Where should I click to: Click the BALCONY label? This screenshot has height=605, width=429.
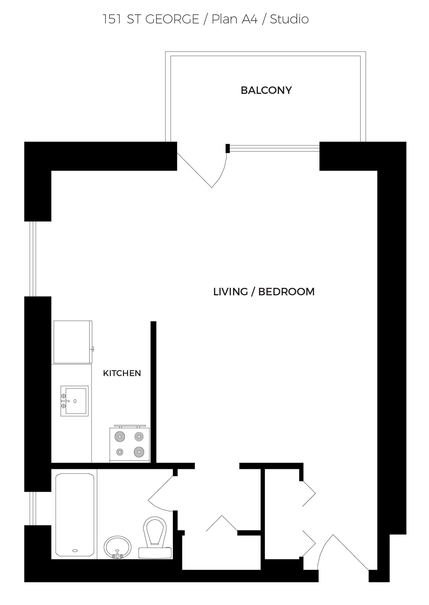tap(266, 90)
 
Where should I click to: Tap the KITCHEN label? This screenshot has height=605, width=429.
tap(122, 373)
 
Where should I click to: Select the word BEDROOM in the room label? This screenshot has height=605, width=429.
tap(286, 292)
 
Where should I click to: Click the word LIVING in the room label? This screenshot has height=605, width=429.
tap(230, 292)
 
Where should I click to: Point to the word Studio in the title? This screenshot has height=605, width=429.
tap(289, 19)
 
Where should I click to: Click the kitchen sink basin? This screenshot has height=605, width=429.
tap(76, 401)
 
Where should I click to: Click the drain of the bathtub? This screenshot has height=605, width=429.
tap(75, 550)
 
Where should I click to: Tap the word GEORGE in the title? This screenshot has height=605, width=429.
tap(172, 19)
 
